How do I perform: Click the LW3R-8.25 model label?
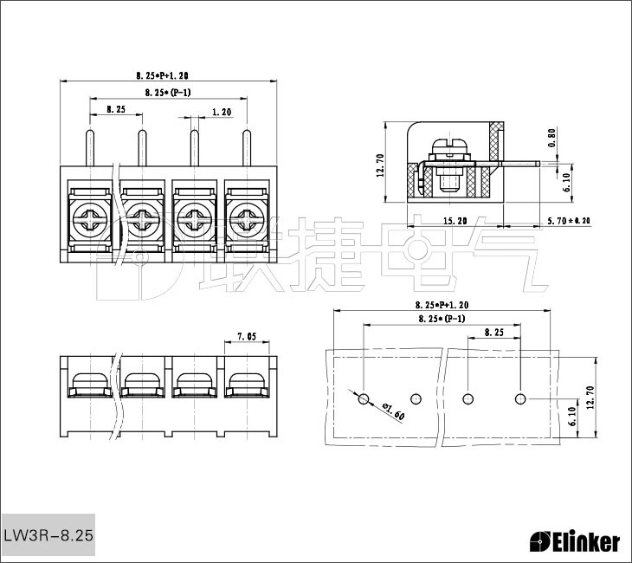pos(48,535)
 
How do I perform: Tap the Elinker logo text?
pos(574,542)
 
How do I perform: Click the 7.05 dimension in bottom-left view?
pos(246,337)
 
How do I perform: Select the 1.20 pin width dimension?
pos(221,112)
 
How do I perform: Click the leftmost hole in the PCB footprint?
pos(364,398)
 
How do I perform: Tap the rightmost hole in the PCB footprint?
pos(520,398)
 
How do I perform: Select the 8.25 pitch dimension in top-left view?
pos(116,110)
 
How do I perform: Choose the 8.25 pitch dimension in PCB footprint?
pos(494,333)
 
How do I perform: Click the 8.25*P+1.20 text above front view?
pos(168,75)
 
